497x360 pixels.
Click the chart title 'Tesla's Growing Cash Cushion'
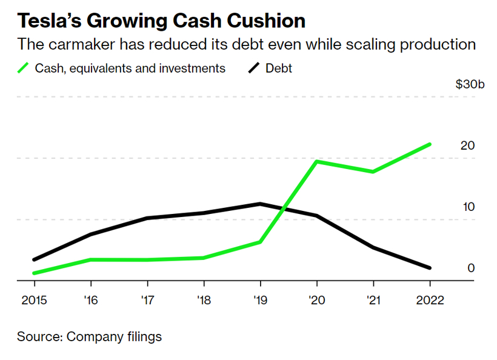(x=161, y=21)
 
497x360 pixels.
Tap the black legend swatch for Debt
(x=255, y=67)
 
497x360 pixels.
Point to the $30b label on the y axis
(x=470, y=84)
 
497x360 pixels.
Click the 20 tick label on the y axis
(x=467, y=146)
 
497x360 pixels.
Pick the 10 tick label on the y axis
(x=467, y=207)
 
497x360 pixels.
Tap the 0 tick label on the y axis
(x=470, y=268)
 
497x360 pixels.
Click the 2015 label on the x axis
(x=33, y=300)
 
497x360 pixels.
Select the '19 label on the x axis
(x=260, y=300)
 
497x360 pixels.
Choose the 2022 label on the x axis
(x=430, y=300)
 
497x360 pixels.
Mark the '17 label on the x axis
(x=147, y=300)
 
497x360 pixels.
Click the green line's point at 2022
(x=430, y=144)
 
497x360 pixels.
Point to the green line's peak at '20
(x=316, y=161)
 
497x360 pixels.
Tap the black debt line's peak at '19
(x=260, y=204)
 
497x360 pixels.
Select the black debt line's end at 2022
(x=430, y=267)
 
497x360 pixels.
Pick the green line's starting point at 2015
(x=34, y=273)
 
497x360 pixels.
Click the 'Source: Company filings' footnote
(x=89, y=336)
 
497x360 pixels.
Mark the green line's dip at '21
(x=373, y=172)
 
